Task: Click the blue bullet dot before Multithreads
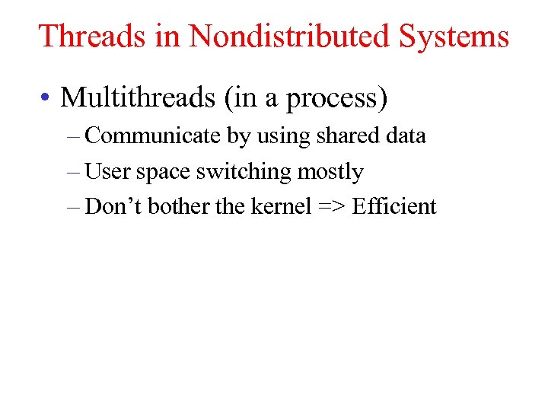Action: [x=47, y=98]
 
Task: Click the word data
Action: [x=405, y=136]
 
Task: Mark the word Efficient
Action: [x=394, y=207]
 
